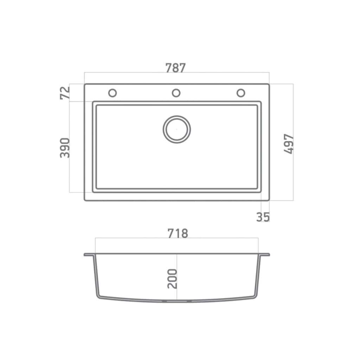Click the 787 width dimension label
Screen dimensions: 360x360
click(175, 68)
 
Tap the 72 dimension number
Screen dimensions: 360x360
click(65, 93)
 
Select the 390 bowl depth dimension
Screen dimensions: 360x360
click(65, 148)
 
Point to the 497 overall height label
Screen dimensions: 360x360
click(289, 144)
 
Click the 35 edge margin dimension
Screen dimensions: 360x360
click(263, 217)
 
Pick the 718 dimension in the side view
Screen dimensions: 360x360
click(178, 233)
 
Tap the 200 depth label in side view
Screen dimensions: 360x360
click(172, 279)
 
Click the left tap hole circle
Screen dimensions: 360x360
click(112, 93)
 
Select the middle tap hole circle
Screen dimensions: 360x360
click(176, 93)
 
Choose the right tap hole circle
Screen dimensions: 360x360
click(241, 93)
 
